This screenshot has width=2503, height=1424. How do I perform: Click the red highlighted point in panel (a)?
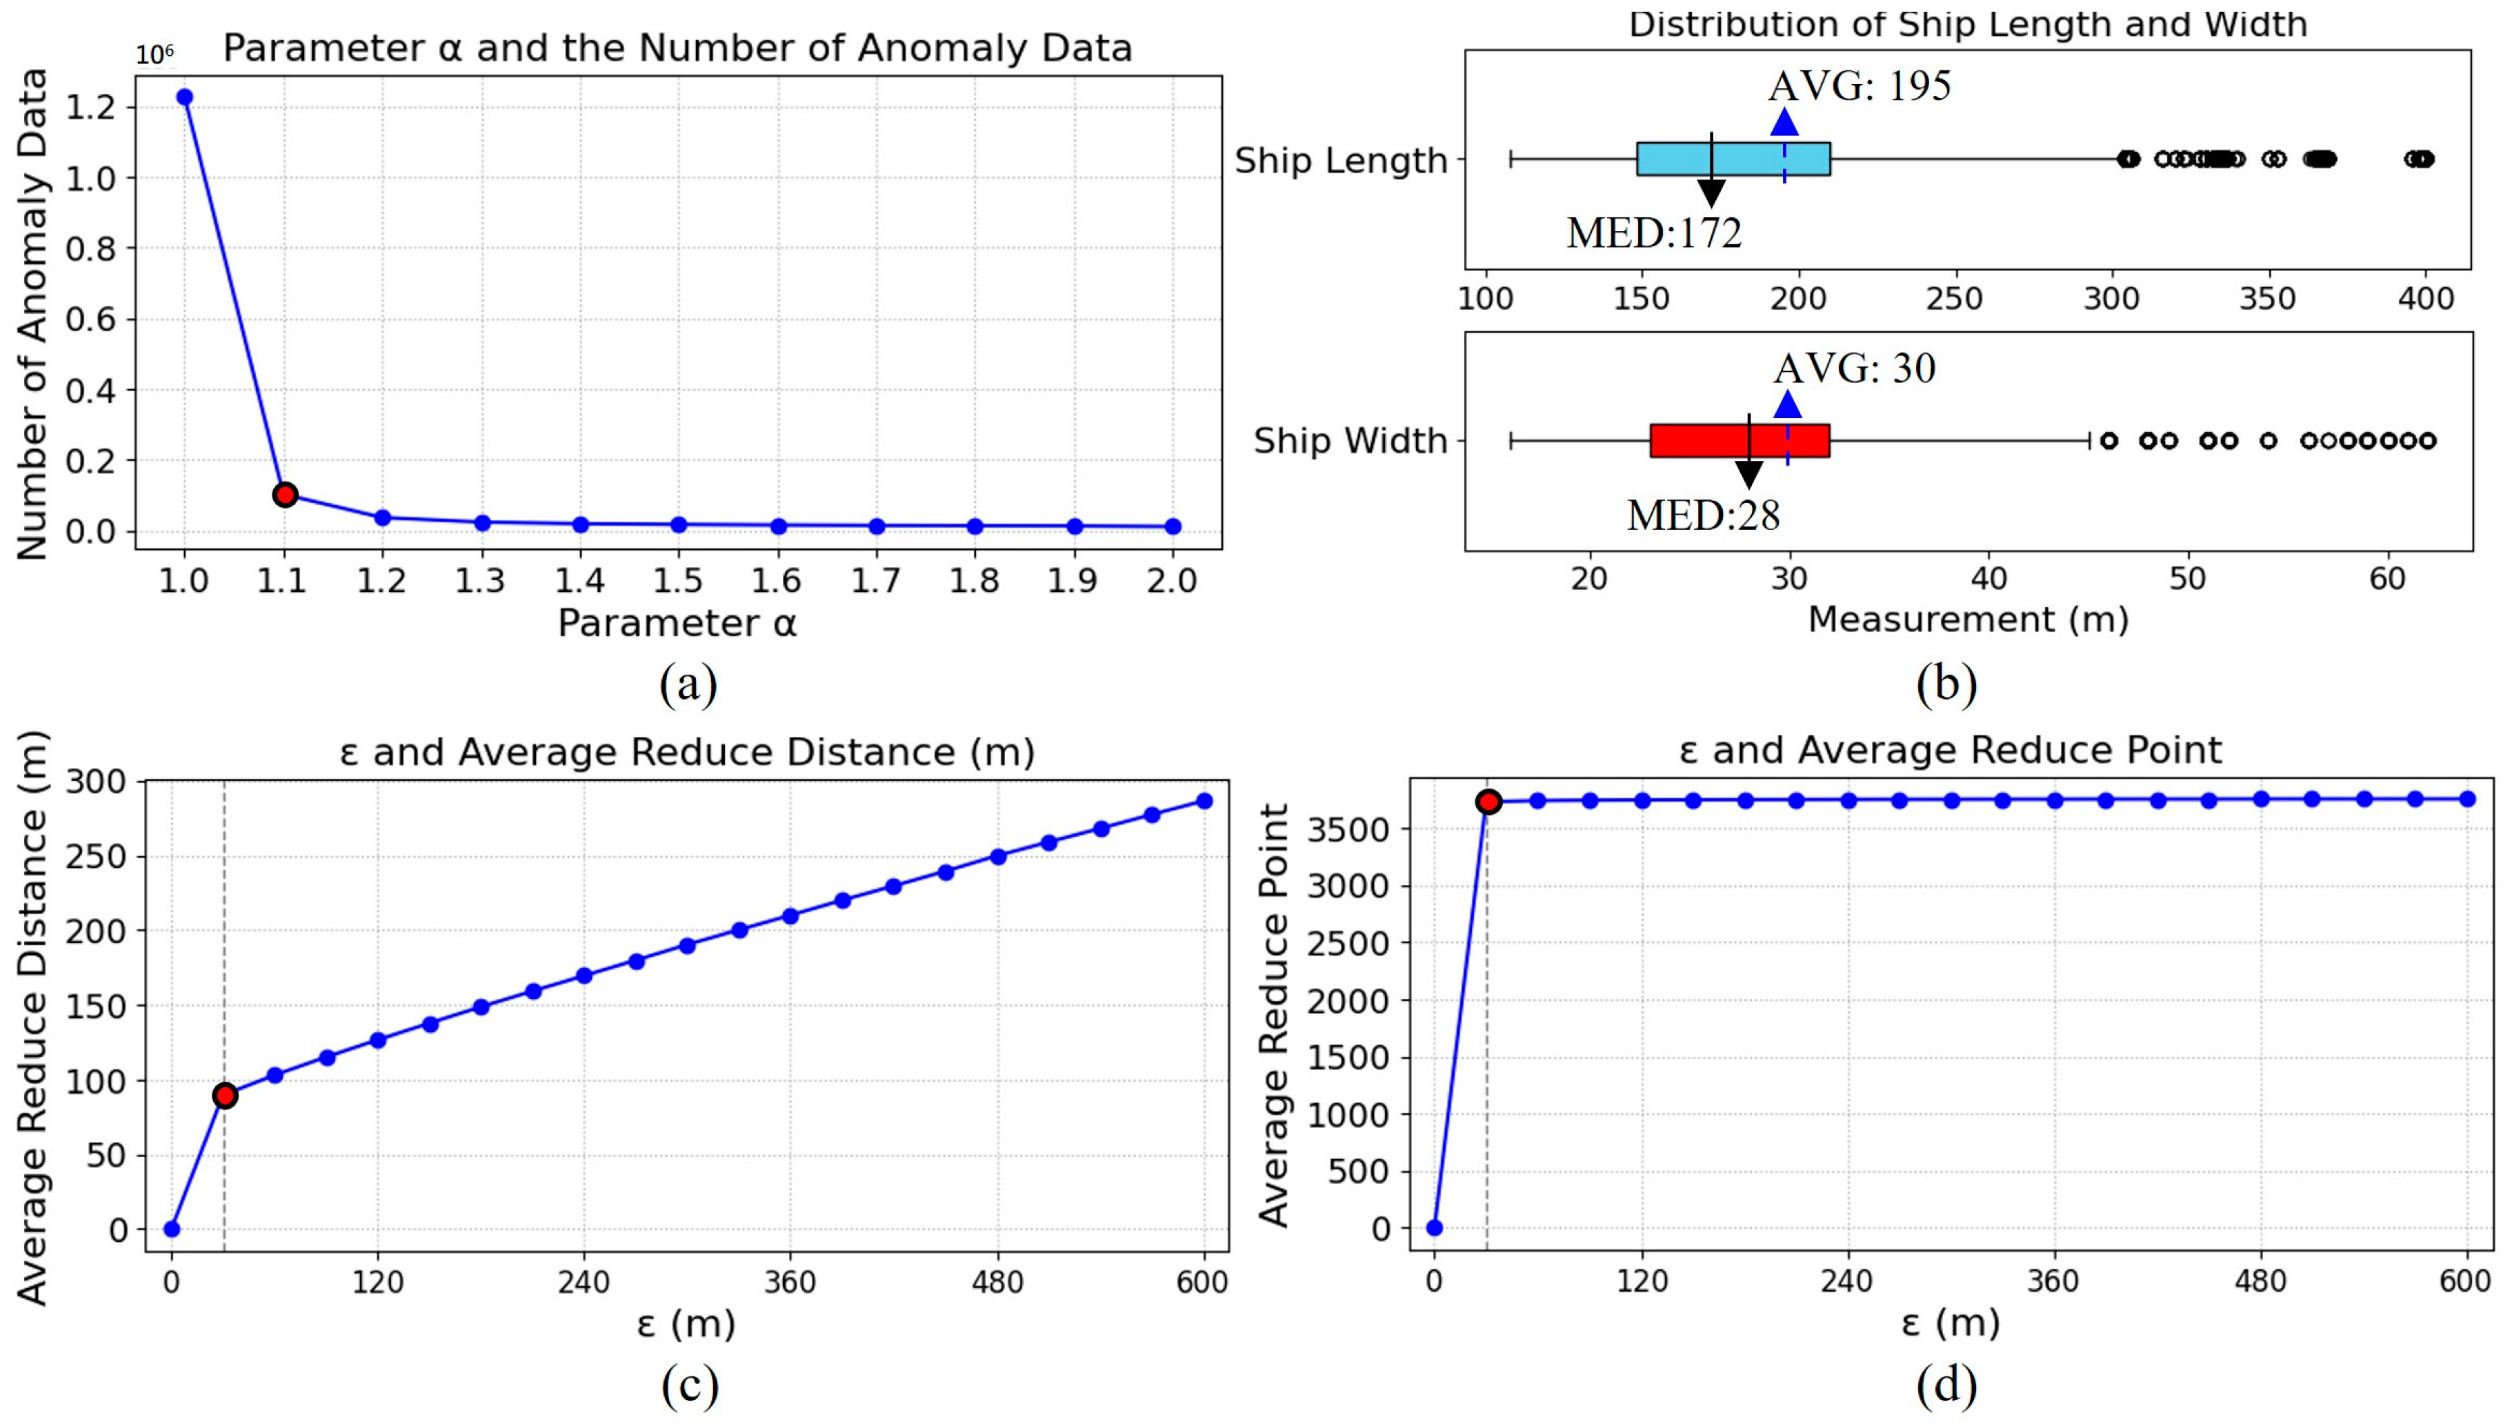pyautogui.click(x=285, y=495)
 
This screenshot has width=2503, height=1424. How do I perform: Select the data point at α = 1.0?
pyautogui.click(x=184, y=97)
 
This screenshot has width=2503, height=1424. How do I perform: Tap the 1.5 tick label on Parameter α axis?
pyautogui.click(x=677, y=582)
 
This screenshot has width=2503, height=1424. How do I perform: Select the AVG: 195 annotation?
pyautogui.click(x=1859, y=86)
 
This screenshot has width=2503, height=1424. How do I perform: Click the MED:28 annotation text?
pyautogui.click(x=1702, y=515)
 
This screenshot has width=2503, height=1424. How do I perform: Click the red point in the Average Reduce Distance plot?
pyautogui.click(x=225, y=1096)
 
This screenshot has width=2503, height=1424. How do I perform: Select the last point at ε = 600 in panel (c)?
pyautogui.click(x=1204, y=801)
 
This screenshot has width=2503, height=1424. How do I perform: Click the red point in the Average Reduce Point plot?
pyautogui.click(x=1488, y=802)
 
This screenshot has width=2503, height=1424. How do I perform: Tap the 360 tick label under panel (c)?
pyautogui.click(x=790, y=1281)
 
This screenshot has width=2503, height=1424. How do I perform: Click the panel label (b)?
pyautogui.click(x=1946, y=684)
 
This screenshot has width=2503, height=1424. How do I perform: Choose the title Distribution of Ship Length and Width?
pyautogui.click(x=1967, y=24)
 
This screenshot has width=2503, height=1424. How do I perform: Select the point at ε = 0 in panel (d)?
pyautogui.click(x=1435, y=1228)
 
